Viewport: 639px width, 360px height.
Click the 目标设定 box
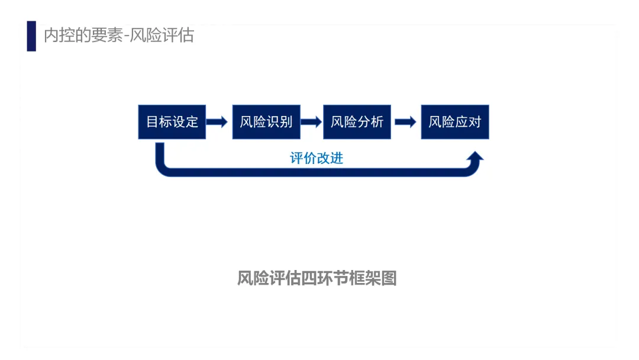tap(172, 122)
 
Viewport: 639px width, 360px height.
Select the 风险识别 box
tap(266, 122)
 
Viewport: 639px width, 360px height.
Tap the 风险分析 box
tap(357, 122)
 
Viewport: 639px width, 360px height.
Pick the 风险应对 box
tap(455, 122)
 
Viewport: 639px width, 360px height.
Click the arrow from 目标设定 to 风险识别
tap(217, 122)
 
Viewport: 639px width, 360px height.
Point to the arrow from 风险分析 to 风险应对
tap(405, 122)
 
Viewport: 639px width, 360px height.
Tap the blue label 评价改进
tap(317, 158)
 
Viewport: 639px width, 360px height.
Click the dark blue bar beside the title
tap(31, 36)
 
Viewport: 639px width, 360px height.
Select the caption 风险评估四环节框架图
tap(317, 278)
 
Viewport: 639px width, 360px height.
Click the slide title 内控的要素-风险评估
tap(119, 36)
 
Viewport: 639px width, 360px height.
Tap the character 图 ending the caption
tap(389, 278)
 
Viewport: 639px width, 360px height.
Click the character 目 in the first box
tap(153, 122)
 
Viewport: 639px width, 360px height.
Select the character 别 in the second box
tap(286, 122)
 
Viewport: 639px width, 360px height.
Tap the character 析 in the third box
tap(377, 122)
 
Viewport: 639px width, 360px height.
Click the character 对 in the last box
tap(475, 122)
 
